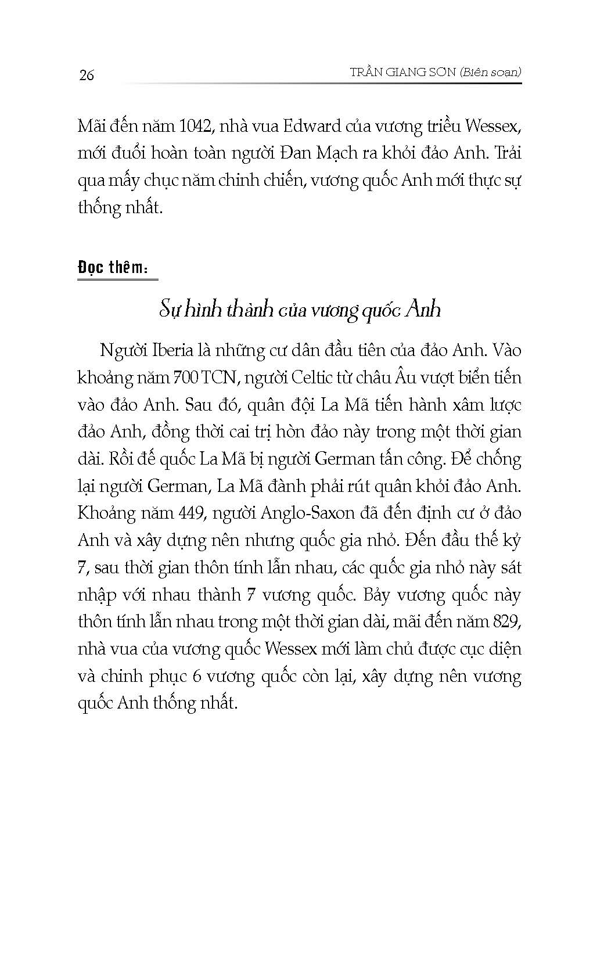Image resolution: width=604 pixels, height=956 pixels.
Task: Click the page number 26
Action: [86, 75]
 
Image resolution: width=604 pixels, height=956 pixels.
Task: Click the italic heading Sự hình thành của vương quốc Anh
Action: [300, 310]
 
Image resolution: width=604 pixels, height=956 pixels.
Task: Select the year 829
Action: [506, 621]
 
